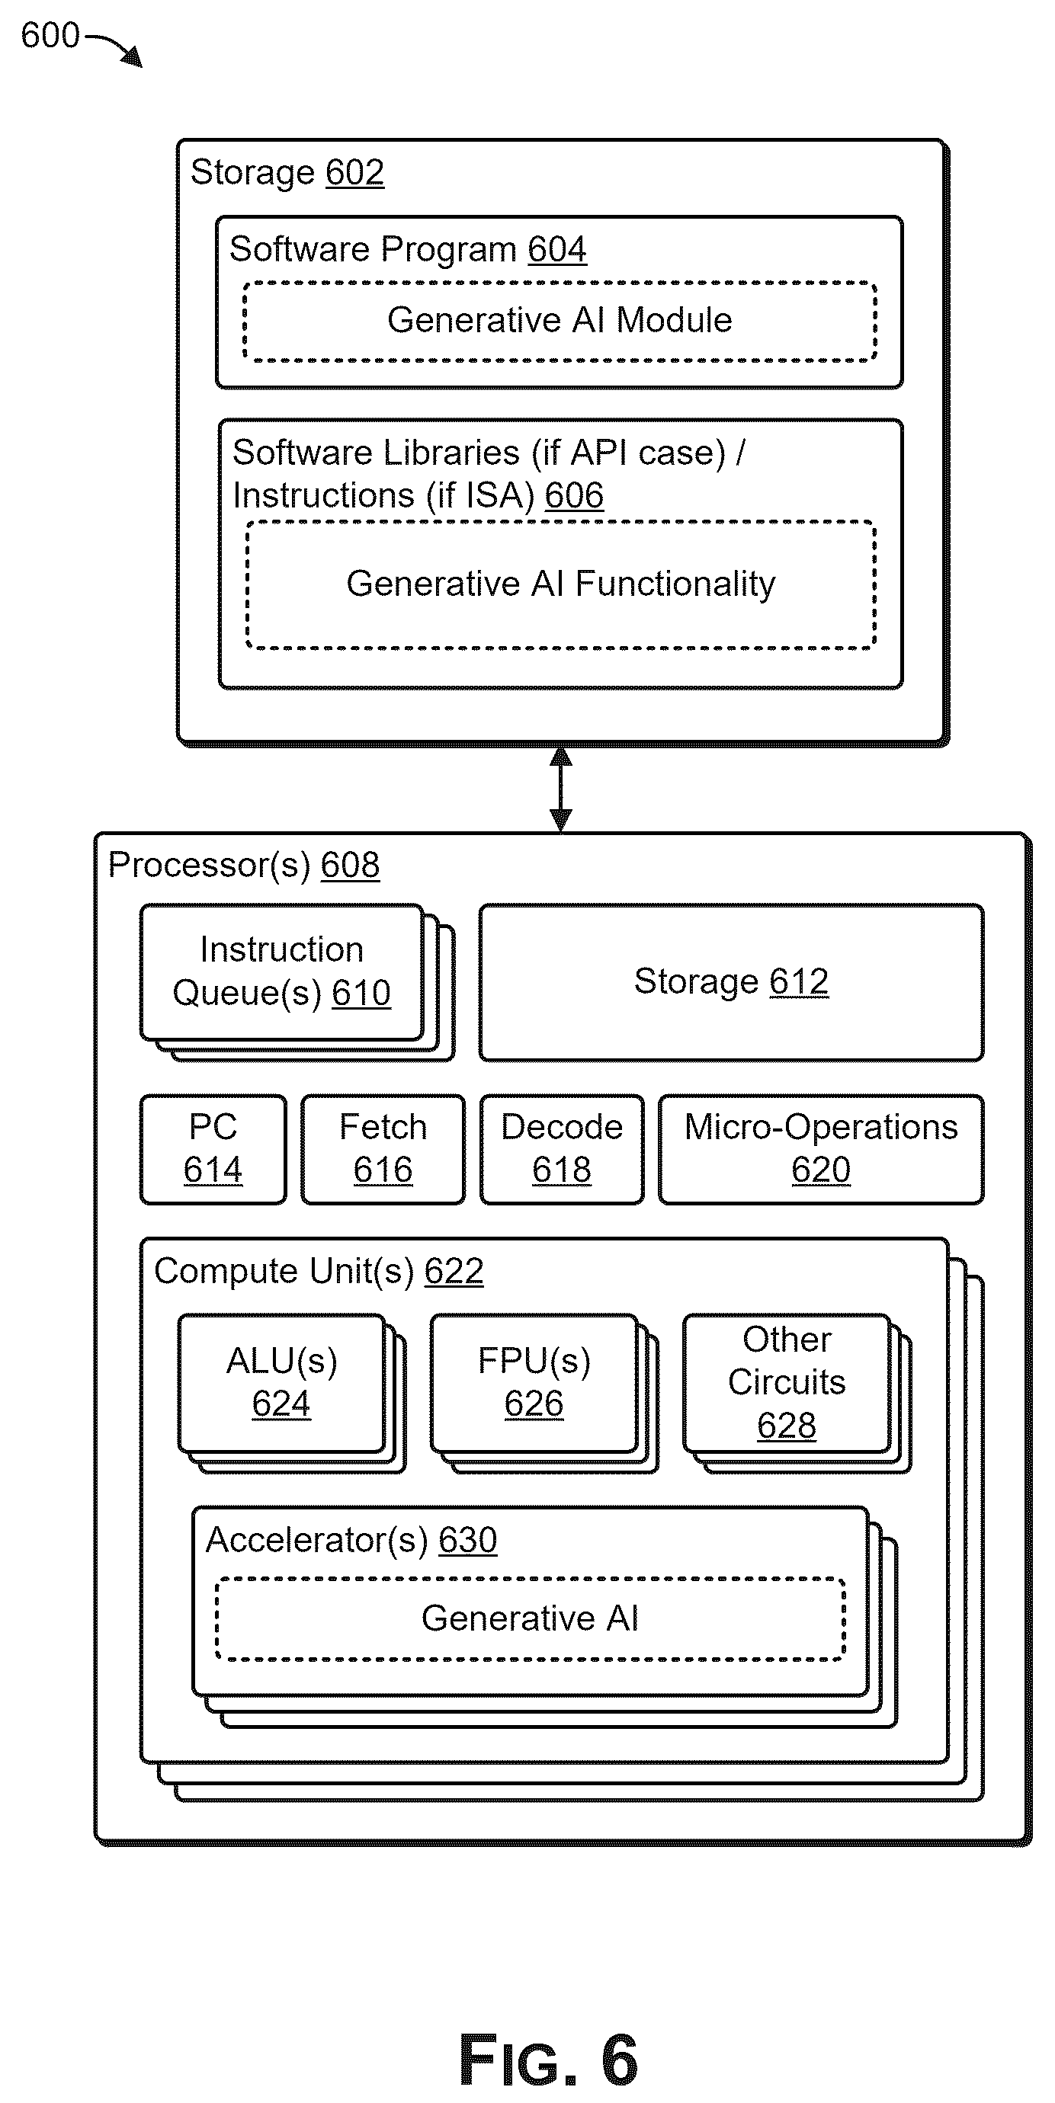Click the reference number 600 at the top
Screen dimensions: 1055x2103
(x=50, y=36)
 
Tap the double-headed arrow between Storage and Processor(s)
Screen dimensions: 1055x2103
(x=560, y=789)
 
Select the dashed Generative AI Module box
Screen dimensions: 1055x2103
(x=560, y=321)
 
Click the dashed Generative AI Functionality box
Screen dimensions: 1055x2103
(x=560, y=584)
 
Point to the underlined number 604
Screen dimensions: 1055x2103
(x=557, y=250)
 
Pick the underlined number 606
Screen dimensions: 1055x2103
(x=574, y=495)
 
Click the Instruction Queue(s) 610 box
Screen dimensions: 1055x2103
(x=282, y=971)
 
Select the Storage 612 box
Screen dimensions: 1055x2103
(x=731, y=982)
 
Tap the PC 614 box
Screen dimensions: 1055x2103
(x=213, y=1149)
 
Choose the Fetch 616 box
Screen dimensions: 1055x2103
(x=383, y=1149)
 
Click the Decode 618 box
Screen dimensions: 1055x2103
(x=562, y=1149)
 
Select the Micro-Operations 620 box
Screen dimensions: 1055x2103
(x=821, y=1149)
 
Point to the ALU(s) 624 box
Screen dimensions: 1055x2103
(x=282, y=1383)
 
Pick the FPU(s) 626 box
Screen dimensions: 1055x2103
(x=534, y=1383)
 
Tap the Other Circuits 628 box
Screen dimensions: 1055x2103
(x=787, y=1383)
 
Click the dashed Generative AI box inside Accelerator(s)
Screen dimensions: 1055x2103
(x=530, y=1619)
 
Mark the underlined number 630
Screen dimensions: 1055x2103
(x=468, y=1541)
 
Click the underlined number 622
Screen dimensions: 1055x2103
(x=454, y=1271)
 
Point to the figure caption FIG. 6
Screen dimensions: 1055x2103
(x=548, y=2060)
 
